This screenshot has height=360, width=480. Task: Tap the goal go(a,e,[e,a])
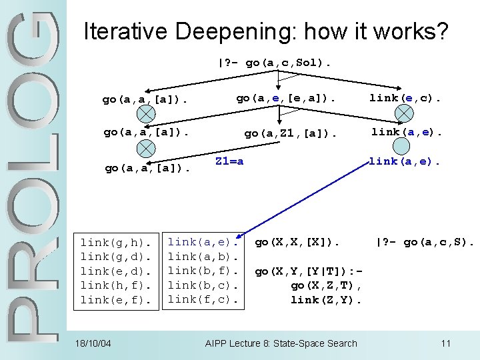pyautogui.click(x=286, y=98)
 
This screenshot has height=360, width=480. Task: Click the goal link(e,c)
pyautogui.click(x=406, y=98)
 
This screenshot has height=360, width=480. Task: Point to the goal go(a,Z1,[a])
pyautogui.click(x=290, y=133)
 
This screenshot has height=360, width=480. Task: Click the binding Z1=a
pyautogui.click(x=229, y=161)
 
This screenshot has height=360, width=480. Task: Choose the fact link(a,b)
pyautogui.click(x=203, y=256)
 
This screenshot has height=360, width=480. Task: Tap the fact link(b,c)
pyautogui.click(x=203, y=285)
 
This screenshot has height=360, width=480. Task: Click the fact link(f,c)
pyautogui.click(x=203, y=299)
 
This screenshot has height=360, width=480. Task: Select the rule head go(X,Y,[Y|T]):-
pyautogui.click(x=308, y=271)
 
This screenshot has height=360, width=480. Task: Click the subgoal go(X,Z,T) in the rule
pyautogui.click(x=326, y=285)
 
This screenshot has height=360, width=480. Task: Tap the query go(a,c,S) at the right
pyautogui.click(x=425, y=241)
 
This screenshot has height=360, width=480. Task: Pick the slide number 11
pyautogui.click(x=445, y=343)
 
